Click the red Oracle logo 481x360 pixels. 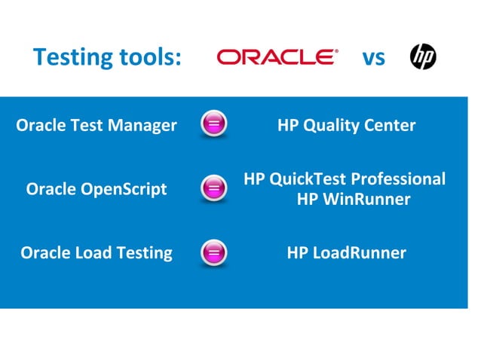277,57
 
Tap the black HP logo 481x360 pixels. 423,56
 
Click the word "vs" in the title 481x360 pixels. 373,57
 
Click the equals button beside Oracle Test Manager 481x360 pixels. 213,125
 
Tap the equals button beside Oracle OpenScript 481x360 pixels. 213,189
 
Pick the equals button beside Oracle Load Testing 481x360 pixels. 213,253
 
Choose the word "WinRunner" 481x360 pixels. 363,200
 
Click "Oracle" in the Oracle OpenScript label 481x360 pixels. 51,189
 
